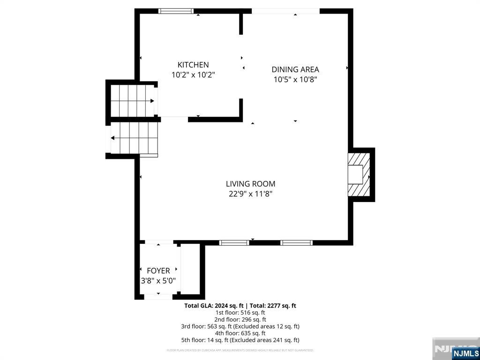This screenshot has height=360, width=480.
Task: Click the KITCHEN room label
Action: coord(193,65)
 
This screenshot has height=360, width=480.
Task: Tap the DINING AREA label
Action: coord(295,69)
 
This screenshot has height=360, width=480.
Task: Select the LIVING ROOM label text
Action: coord(250,184)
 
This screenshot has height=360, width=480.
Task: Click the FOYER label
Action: coord(158,270)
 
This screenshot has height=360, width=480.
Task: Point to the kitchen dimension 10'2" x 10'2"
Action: coord(193,75)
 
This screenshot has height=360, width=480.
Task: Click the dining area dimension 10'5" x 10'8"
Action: coord(295,79)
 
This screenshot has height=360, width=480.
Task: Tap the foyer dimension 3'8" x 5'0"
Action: coord(158,281)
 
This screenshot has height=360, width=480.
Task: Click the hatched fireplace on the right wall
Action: coord(360,174)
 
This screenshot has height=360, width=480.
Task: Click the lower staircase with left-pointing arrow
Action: coord(134,138)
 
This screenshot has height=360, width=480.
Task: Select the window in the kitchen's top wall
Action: coord(176,11)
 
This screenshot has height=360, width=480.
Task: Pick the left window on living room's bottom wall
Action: coord(234,242)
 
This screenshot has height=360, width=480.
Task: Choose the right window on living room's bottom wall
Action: coord(296,242)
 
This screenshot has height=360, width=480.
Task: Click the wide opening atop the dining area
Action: coord(285,11)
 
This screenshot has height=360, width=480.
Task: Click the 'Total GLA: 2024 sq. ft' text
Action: coord(214,306)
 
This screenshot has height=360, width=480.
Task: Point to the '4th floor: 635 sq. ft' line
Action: coord(240,333)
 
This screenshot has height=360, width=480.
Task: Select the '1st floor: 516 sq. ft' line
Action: coord(240,313)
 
